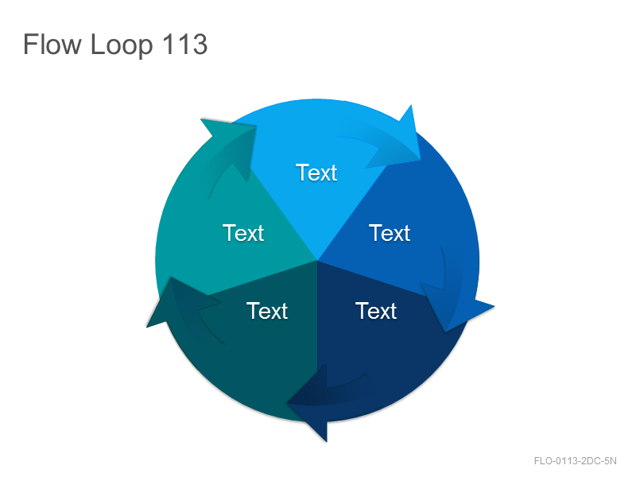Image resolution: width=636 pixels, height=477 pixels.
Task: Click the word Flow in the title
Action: [52, 44]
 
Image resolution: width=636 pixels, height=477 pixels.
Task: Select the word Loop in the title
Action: [122, 45]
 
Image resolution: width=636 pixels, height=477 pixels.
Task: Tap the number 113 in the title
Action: [184, 44]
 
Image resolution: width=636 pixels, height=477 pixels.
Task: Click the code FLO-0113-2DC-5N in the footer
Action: [575, 461]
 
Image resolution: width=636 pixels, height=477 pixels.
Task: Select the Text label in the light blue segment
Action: [316, 173]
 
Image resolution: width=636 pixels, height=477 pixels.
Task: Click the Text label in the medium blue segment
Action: [390, 233]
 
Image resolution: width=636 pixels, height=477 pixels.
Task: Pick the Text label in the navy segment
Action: [376, 311]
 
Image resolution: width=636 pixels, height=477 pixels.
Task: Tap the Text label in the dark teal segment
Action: [267, 311]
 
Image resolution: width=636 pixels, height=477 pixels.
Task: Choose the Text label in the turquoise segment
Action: [243, 233]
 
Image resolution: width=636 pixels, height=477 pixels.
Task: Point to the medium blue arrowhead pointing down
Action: [454, 306]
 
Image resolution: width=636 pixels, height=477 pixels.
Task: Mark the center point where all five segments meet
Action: [316, 261]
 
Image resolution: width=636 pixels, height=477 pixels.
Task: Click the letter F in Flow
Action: [30, 44]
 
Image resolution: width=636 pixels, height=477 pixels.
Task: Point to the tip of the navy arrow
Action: [287, 403]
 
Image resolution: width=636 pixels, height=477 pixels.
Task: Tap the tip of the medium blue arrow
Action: [445, 332]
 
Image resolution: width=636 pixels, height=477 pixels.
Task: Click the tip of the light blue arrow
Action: [421, 160]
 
